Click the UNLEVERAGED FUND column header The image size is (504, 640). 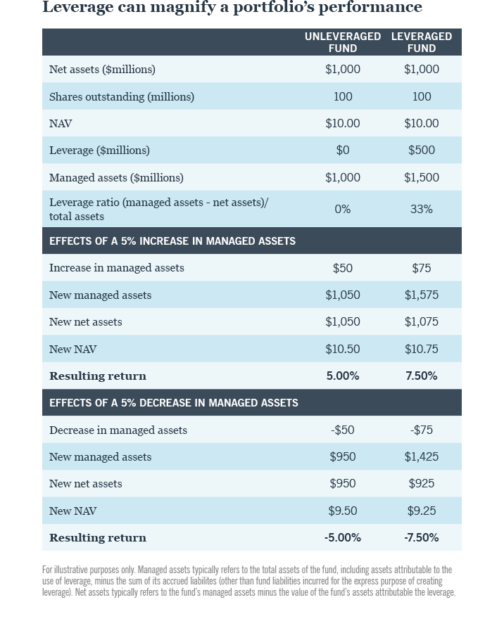point(343,42)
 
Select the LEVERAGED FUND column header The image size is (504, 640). point(422,42)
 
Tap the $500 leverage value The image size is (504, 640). point(422,151)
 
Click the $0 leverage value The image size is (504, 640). point(343,151)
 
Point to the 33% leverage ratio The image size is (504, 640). point(422,210)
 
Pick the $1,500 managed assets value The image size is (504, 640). point(422,178)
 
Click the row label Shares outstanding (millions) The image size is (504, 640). point(122,97)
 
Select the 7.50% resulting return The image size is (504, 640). point(422,376)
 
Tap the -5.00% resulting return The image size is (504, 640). point(343,538)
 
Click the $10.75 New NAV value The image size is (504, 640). point(422,350)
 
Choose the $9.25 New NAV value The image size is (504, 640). point(422,511)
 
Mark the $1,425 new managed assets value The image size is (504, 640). point(422,457)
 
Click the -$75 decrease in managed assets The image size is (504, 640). point(422,430)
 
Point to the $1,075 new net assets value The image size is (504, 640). point(422,322)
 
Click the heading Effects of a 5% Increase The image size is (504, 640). point(172,241)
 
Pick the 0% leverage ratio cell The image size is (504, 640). point(343,210)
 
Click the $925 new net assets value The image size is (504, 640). point(422,484)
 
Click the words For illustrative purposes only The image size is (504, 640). point(88,570)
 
